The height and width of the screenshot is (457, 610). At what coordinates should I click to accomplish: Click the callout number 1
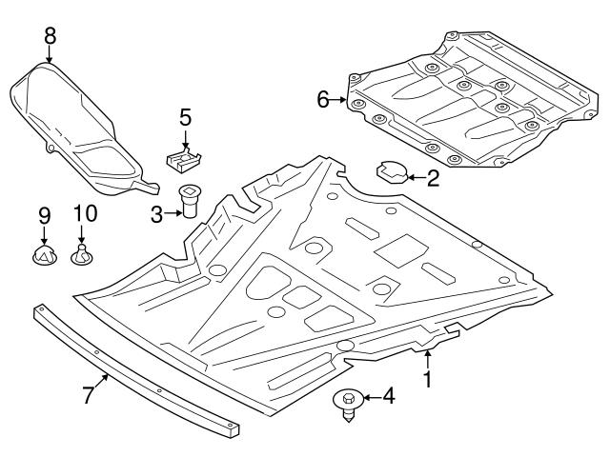point(428,379)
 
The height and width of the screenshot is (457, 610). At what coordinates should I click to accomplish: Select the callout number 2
point(433,177)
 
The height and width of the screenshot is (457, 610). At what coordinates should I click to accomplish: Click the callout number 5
point(185,118)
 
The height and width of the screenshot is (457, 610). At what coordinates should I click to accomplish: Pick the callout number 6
point(323,98)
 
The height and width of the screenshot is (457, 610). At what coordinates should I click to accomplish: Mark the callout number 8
point(50,35)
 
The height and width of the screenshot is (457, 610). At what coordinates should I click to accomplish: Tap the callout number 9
point(44,215)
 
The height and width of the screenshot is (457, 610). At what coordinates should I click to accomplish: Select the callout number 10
point(82,215)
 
